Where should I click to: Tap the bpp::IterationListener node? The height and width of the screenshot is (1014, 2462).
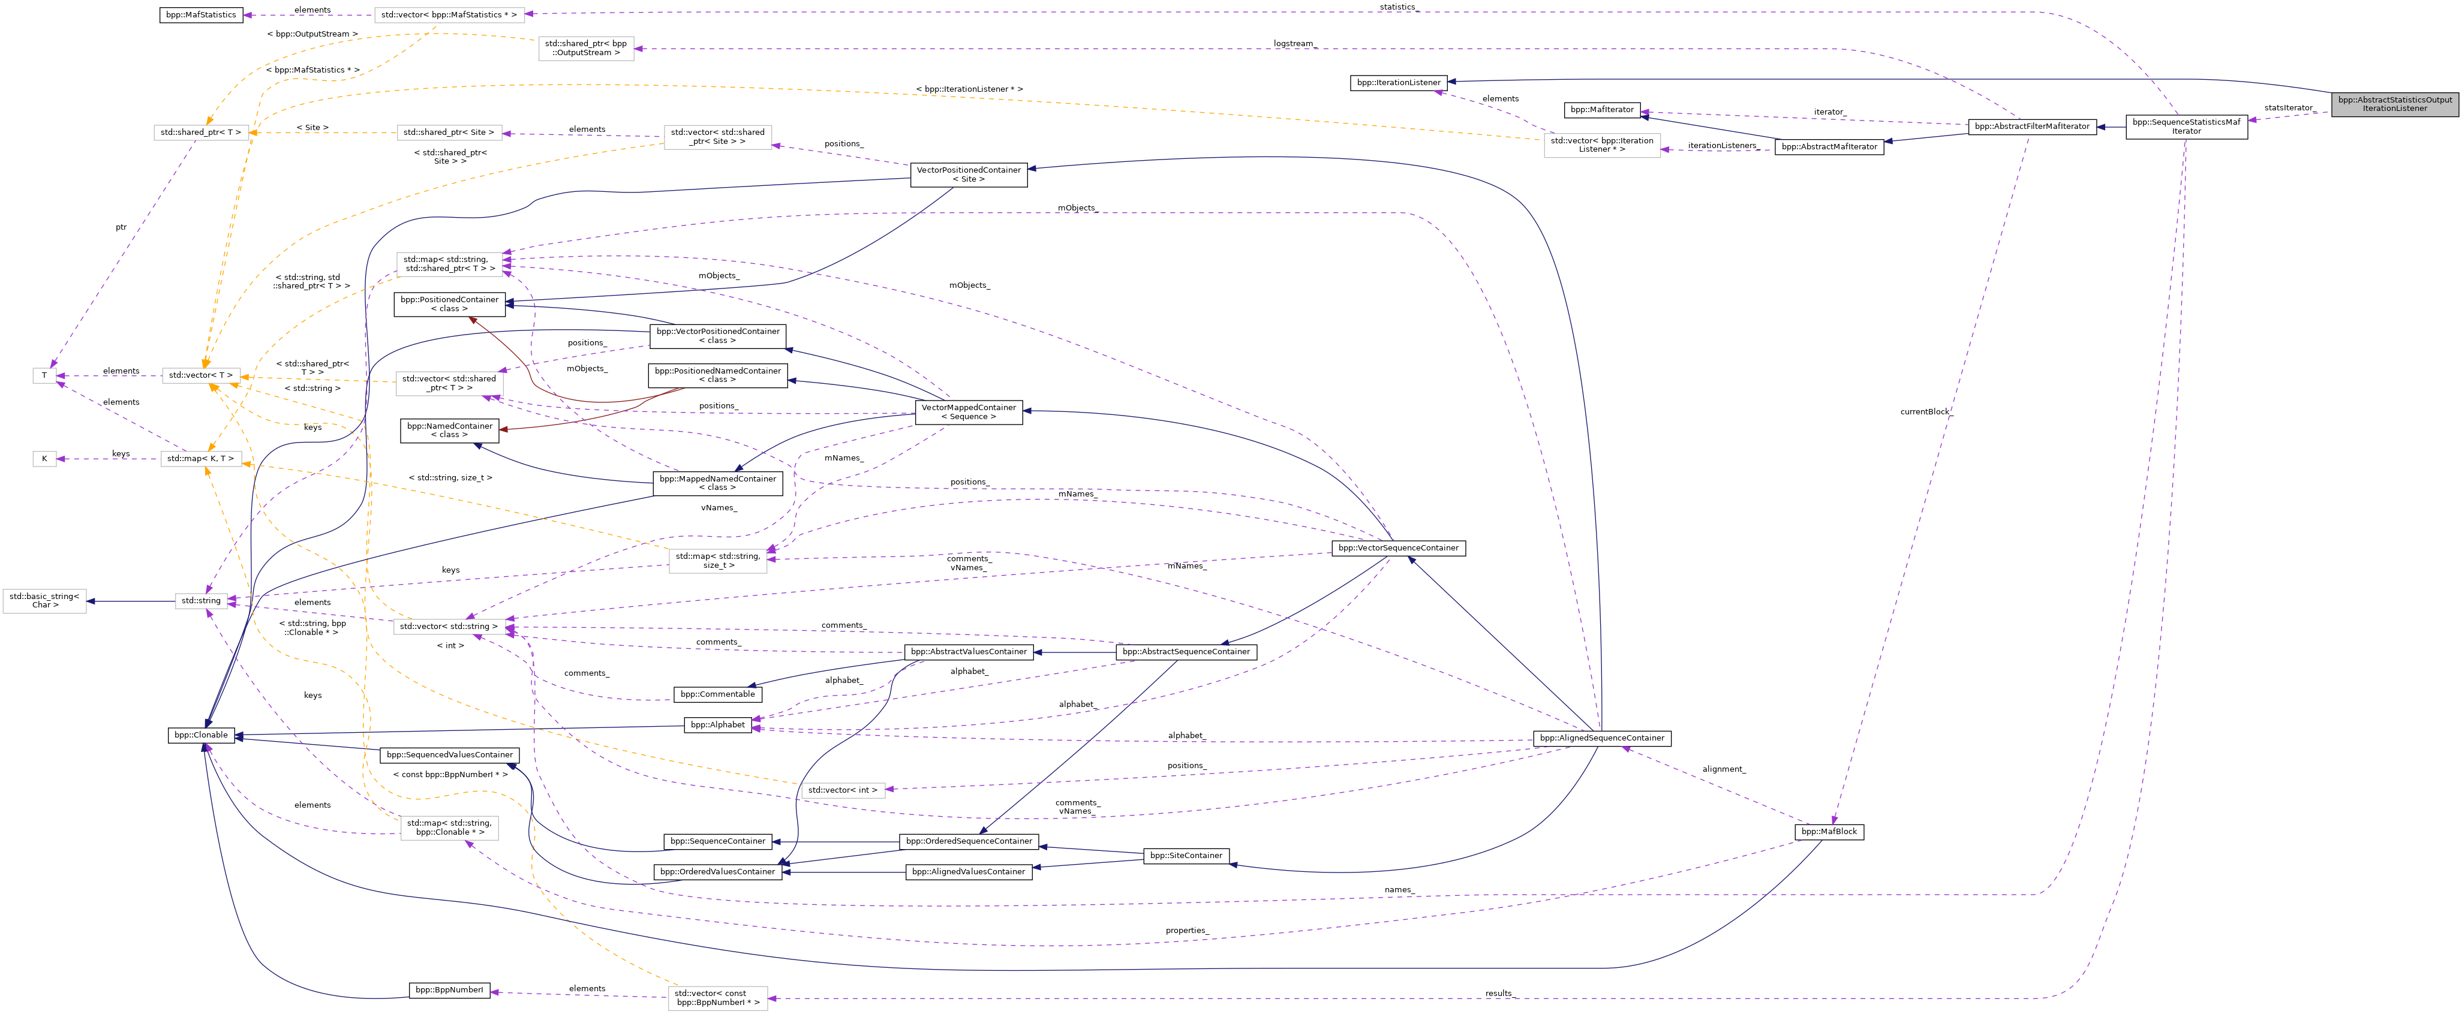point(1398,82)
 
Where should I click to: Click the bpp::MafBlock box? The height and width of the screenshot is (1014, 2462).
point(1828,832)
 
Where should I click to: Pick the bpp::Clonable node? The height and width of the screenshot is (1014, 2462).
point(201,735)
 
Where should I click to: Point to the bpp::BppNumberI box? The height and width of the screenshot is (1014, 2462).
point(449,990)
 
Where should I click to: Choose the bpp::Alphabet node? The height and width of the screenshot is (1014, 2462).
point(717,724)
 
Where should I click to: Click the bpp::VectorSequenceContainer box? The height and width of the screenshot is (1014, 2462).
point(1398,547)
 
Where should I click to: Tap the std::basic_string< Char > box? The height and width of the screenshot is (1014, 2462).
point(44,600)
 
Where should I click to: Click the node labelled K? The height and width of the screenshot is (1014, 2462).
point(44,459)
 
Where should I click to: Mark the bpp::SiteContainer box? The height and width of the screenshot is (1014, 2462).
point(1185,855)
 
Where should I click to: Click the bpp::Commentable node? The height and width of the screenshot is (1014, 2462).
point(717,694)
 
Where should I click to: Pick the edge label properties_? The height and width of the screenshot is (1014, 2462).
point(1187,930)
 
